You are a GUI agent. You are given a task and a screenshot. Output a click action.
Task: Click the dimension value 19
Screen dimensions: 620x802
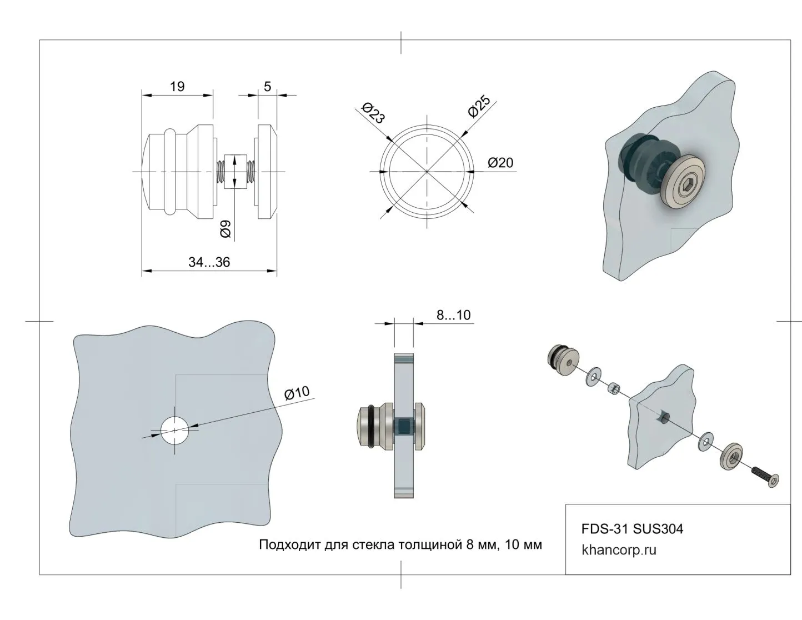tap(177, 86)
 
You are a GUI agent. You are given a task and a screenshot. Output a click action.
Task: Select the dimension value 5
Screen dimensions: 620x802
tap(267, 86)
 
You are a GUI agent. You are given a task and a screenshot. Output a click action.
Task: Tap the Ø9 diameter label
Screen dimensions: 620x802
tap(225, 229)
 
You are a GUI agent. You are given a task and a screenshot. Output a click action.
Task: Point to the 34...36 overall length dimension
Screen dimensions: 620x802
tap(209, 262)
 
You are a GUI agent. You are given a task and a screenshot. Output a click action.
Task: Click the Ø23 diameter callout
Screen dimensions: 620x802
tap(373, 113)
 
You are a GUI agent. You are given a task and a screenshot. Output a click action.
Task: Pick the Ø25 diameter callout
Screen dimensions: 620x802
tap(478, 107)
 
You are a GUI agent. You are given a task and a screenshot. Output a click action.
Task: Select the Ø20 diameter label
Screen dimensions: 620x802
tap(500, 163)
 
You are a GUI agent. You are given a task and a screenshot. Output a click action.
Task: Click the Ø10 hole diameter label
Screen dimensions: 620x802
tap(297, 393)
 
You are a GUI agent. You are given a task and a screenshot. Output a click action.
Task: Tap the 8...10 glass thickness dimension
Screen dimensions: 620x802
tap(453, 316)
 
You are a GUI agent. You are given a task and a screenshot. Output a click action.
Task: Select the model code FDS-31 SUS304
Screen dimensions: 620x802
tap(632, 528)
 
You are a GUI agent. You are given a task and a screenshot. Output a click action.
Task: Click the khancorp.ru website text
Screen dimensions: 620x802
tap(619, 550)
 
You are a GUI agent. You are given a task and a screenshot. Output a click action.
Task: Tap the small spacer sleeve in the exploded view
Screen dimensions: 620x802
tap(614, 388)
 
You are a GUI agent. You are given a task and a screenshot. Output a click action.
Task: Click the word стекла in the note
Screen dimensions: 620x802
tap(374, 544)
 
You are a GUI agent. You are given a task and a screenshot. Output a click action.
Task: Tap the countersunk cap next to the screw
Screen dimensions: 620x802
tap(731, 456)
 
